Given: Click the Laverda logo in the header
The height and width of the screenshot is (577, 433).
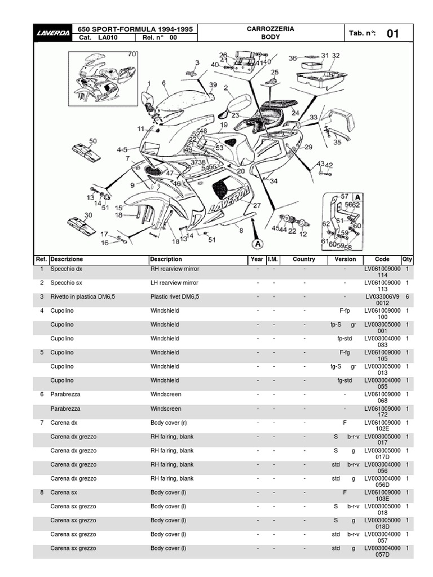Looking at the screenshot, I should point(54,33).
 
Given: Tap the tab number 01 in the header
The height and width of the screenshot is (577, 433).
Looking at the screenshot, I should point(393,34).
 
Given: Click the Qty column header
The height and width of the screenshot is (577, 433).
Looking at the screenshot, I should point(407,259).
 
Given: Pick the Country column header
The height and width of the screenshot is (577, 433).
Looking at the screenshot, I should point(304,259).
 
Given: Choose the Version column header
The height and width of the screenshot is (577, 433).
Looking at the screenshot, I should point(345,259).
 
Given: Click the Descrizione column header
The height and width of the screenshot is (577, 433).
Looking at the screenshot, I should point(67,259).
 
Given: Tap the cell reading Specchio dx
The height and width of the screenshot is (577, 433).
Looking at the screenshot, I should point(67,269).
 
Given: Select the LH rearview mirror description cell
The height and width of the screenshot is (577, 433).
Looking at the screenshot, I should point(174,283).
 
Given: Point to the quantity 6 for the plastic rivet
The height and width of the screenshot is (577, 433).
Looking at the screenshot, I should point(407,296).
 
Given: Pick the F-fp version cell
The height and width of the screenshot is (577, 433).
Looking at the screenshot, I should point(345,310).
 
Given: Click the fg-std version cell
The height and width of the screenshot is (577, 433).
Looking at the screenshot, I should point(345,380).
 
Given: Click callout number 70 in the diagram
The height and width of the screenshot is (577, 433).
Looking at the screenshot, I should point(132,54).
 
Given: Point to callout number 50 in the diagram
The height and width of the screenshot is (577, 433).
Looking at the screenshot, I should point(92,141).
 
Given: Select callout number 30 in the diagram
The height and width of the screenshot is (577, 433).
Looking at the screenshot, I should point(88,215).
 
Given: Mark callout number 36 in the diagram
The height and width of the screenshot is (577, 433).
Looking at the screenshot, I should point(293,58).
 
